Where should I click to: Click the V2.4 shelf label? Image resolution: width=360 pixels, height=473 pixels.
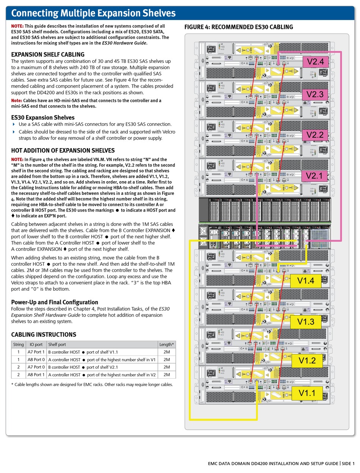pyautogui.click(x=315, y=61)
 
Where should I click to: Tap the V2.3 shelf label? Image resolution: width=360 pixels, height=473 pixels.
pyautogui.click(x=315, y=94)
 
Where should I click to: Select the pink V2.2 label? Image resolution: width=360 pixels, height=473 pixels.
pyautogui.click(x=315, y=135)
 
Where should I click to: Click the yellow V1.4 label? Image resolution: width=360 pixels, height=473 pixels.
pyautogui.click(x=306, y=281)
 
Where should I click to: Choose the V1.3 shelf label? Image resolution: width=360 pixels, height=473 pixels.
pyautogui.click(x=306, y=322)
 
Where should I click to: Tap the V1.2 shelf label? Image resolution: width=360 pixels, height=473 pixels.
pyautogui.click(x=307, y=360)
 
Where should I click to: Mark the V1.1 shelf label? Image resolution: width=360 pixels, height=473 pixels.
pyautogui.click(x=307, y=393)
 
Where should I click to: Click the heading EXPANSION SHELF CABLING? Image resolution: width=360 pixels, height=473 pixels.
pyautogui.click(x=48, y=55)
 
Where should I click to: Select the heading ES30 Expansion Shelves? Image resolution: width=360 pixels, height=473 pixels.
pyautogui.click(x=43, y=117)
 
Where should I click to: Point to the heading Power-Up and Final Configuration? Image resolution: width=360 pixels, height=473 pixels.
pyautogui.click(x=55, y=302)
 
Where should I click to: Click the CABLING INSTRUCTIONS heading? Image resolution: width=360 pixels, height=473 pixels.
pyautogui.click(x=44, y=334)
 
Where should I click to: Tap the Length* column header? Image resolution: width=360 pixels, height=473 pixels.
pyautogui.click(x=167, y=345)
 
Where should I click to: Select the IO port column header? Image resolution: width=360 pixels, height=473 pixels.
pyautogui.click(x=36, y=345)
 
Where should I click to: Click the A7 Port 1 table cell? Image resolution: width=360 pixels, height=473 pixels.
pyautogui.click(x=36, y=352)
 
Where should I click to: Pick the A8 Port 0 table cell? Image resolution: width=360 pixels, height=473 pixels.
pyautogui.click(x=36, y=360)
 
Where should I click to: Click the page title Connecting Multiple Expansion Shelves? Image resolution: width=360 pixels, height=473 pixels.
pyautogui.click(x=94, y=14)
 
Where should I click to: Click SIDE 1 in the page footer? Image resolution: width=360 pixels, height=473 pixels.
pyautogui.click(x=348, y=464)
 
